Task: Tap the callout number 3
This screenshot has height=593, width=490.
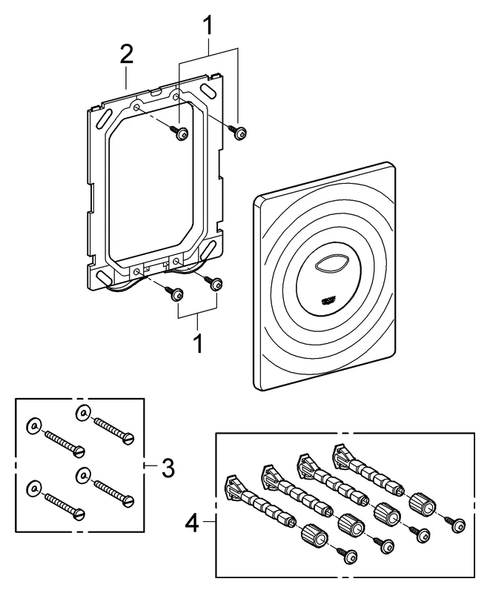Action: pos(168,468)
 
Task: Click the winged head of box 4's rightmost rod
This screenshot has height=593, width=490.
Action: pos(342,451)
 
